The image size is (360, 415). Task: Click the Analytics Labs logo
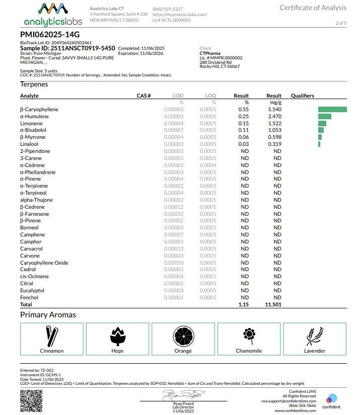coord(52,15)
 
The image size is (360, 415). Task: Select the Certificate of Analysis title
coord(313,8)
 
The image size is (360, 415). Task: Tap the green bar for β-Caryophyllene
coord(332,109)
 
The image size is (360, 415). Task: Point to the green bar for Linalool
coord(319,144)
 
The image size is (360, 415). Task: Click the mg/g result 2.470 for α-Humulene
coord(274,116)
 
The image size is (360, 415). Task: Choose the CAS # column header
coord(144,96)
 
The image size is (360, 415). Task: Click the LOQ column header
coord(210,96)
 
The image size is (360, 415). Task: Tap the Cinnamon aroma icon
coord(51,336)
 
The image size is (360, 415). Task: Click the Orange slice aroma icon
coord(183,336)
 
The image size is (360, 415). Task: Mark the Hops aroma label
coord(117,351)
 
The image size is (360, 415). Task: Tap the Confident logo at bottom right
coord(331,400)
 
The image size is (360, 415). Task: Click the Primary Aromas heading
coord(48,315)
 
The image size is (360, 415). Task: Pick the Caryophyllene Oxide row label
coord(44,263)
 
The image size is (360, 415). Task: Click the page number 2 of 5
coord(341,23)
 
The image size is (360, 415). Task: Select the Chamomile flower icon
coord(248,335)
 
